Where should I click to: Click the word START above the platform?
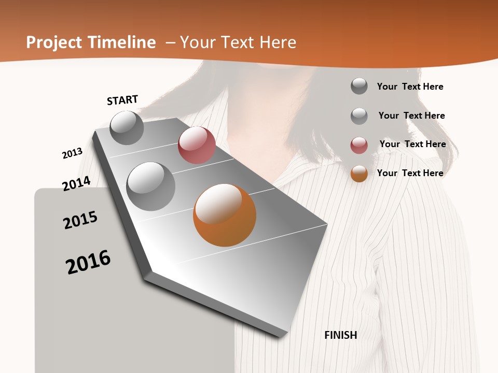(122, 100)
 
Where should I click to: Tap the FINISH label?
(341, 335)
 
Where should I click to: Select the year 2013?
(73, 153)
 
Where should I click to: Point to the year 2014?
(76, 183)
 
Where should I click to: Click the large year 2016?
(88, 262)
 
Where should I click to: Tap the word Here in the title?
(278, 42)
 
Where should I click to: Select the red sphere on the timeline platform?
(197, 145)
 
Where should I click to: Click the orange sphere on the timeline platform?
(225, 215)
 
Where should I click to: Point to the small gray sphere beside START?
(127, 127)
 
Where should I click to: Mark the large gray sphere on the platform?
(151, 186)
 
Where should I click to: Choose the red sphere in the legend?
(359, 145)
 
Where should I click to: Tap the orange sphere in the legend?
(359, 174)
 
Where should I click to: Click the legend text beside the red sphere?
(412, 144)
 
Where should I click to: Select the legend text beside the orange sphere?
(410, 173)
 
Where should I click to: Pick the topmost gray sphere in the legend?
(359, 86)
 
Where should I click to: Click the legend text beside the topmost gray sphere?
(410, 87)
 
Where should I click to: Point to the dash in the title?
(170, 42)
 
